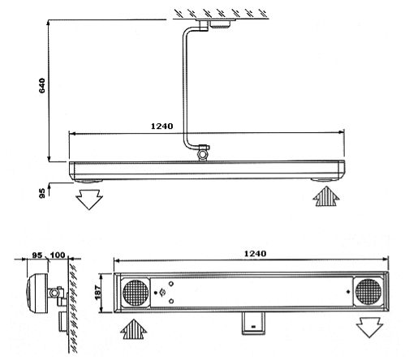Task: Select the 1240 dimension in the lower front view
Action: coord(254,254)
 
